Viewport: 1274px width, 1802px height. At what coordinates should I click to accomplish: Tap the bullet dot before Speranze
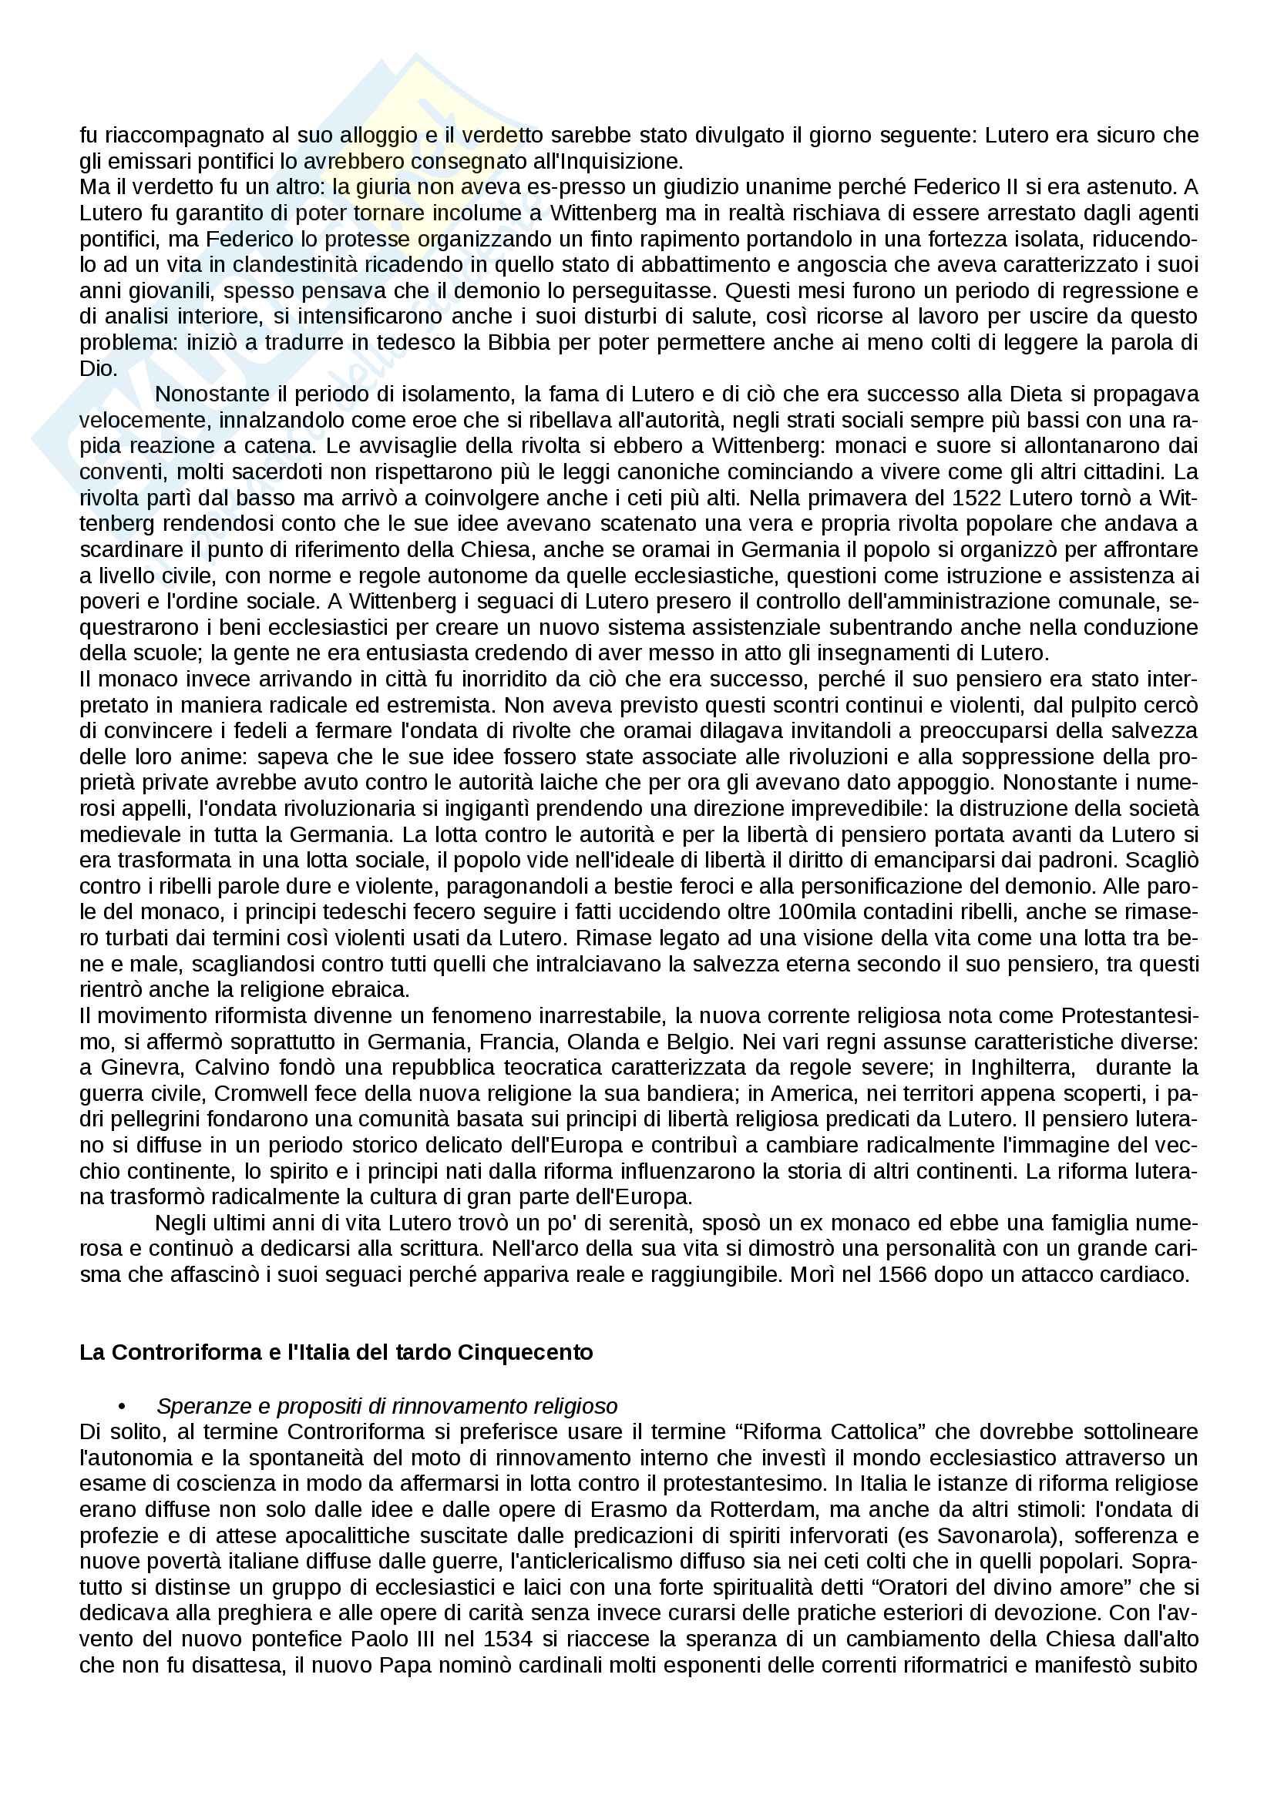(x=122, y=1406)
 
